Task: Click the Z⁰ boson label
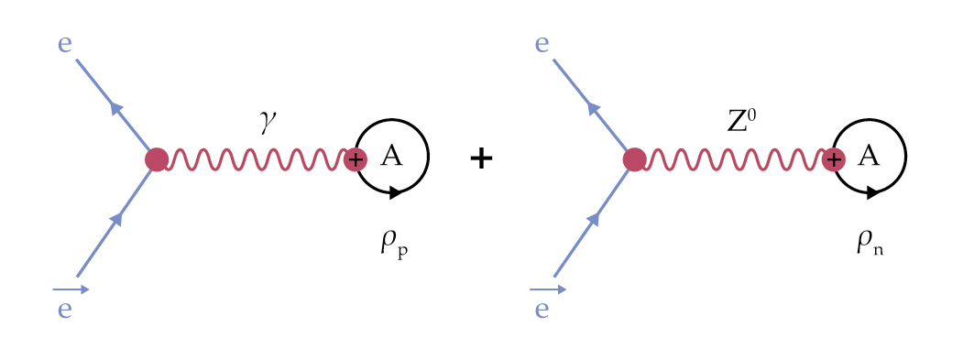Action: pos(741,122)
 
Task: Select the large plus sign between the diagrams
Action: pos(481,159)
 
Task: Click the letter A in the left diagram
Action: pos(391,156)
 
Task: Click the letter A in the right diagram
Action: pos(869,156)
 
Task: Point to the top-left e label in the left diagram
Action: pos(65,45)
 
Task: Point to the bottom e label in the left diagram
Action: pos(65,309)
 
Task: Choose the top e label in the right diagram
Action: pos(542,45)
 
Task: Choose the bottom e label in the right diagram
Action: pos(542,309)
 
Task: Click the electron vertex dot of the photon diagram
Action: pos(157,159)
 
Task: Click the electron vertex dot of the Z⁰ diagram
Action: pos(633,159)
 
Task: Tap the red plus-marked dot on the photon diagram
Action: pos(356,159)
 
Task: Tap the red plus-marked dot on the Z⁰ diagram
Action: pos(833,159)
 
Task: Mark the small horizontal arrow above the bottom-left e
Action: pos(71,289)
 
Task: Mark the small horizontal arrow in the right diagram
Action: pos(548,289)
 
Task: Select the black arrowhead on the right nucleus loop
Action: pos(872,193)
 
